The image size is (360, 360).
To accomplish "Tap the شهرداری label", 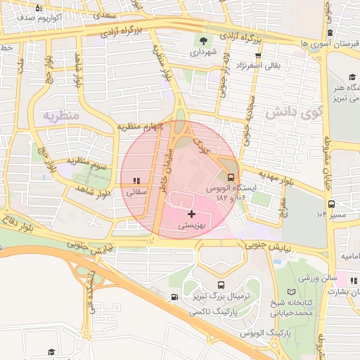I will coord(204,52).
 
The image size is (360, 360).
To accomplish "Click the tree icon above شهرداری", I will coord(204,40).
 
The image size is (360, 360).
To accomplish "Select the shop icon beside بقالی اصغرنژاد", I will coord(258,56).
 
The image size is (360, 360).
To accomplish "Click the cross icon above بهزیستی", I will coord(191,213).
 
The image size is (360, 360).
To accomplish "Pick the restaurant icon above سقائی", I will coord(136,181).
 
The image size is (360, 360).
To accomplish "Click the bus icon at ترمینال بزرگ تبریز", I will coord(221,285).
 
